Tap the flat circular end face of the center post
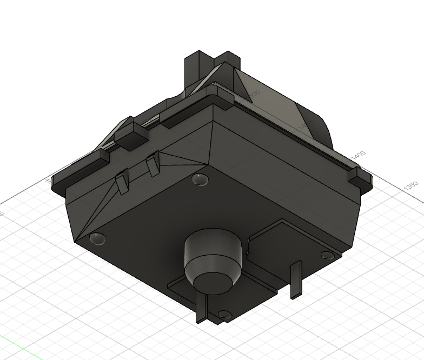click(x=213, y=282)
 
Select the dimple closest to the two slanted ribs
click(x=200, y=179)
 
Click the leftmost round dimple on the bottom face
click(x=97, y=237)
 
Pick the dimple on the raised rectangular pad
click(x=327, y=255)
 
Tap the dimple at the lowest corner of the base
click(x=224, y=314)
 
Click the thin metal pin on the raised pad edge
click(x=295, y=279)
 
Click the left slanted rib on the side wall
click(x=122, y=181)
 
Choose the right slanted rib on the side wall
click(x=154, y=164)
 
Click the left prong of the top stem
click(x=195, y=68)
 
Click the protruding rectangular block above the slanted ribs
click(x=131, y=135)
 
